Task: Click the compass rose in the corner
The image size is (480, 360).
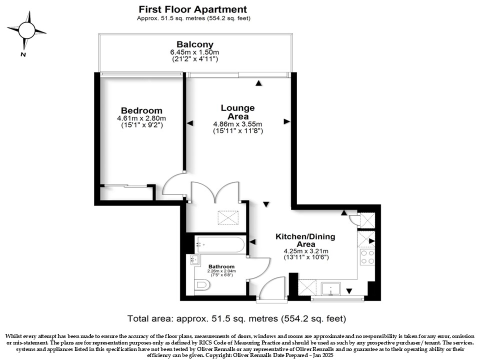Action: pos(26,30)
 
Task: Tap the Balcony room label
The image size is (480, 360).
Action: pos(195,44)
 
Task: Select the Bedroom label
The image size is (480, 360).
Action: pos(141,110)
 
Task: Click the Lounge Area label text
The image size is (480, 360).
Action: pos(238,112)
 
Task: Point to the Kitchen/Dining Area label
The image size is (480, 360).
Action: pos(305,240)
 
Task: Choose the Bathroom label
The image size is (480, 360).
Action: pos(221,266)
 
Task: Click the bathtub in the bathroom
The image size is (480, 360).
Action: pos(220,244)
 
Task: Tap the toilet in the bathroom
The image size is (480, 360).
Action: pos(202,285)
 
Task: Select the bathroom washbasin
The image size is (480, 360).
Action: pos(194,260)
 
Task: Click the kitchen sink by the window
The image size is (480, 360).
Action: pos(330,288)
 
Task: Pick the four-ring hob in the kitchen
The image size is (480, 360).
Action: pos(367,257)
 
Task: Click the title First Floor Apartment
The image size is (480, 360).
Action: pos(193,9)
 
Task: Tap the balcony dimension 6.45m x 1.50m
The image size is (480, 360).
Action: pos(194,52)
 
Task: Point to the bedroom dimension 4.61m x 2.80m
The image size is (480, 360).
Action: pos(141,118)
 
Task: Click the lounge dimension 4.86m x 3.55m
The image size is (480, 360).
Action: pos(238,124)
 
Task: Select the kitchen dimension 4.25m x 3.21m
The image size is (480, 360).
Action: pos(306,251)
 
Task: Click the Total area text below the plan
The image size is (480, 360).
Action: pos(236,318)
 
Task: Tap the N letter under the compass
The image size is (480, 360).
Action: pos(23,55)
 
